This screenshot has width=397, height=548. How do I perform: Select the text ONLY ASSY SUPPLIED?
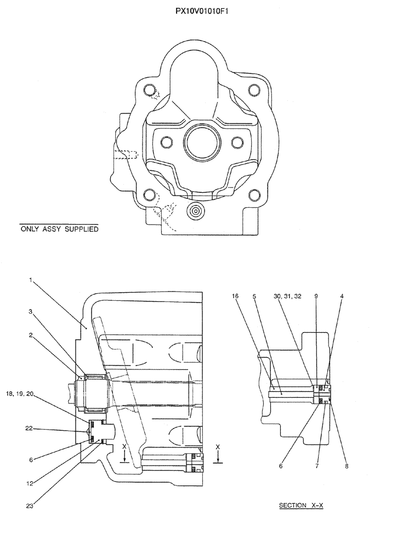click(59, 229)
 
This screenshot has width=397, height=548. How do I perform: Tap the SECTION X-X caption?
click(301, 505)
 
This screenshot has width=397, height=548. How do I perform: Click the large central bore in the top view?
click(202, 142)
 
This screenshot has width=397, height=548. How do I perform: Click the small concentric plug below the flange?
click(194, 211)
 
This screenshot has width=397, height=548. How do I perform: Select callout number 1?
click(31, 280)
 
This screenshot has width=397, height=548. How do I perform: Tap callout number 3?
click(31, 311)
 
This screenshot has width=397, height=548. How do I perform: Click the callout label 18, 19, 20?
click(21, 394)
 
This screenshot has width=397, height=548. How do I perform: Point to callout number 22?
click(30, 429)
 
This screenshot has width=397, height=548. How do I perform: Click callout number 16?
click(235, 296)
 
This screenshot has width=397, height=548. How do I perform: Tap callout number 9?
click(315, 296)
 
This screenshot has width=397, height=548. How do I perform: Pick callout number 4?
click(342, 296)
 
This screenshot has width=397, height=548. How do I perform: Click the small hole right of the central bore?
click(237, 142)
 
